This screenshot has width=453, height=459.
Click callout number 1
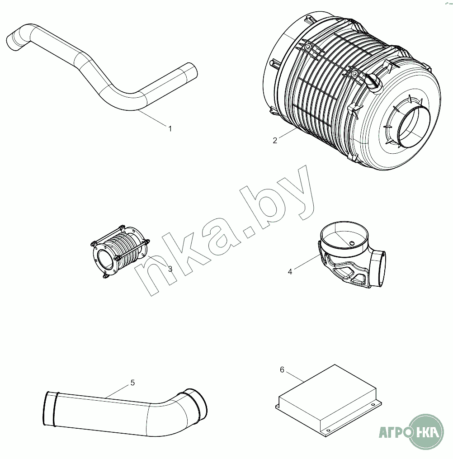[x=170, y=128]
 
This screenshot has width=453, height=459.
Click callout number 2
[x=275, y=141]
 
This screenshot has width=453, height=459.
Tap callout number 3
[x=170, y=269]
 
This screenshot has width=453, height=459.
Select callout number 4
[x=290, y=272]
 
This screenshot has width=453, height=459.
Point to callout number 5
[x=132, y=383]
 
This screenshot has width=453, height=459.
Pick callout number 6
[x=282, y=370]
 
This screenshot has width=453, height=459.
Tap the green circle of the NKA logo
[x=426, y=431]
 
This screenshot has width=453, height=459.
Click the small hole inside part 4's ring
[x=352, y=243]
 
